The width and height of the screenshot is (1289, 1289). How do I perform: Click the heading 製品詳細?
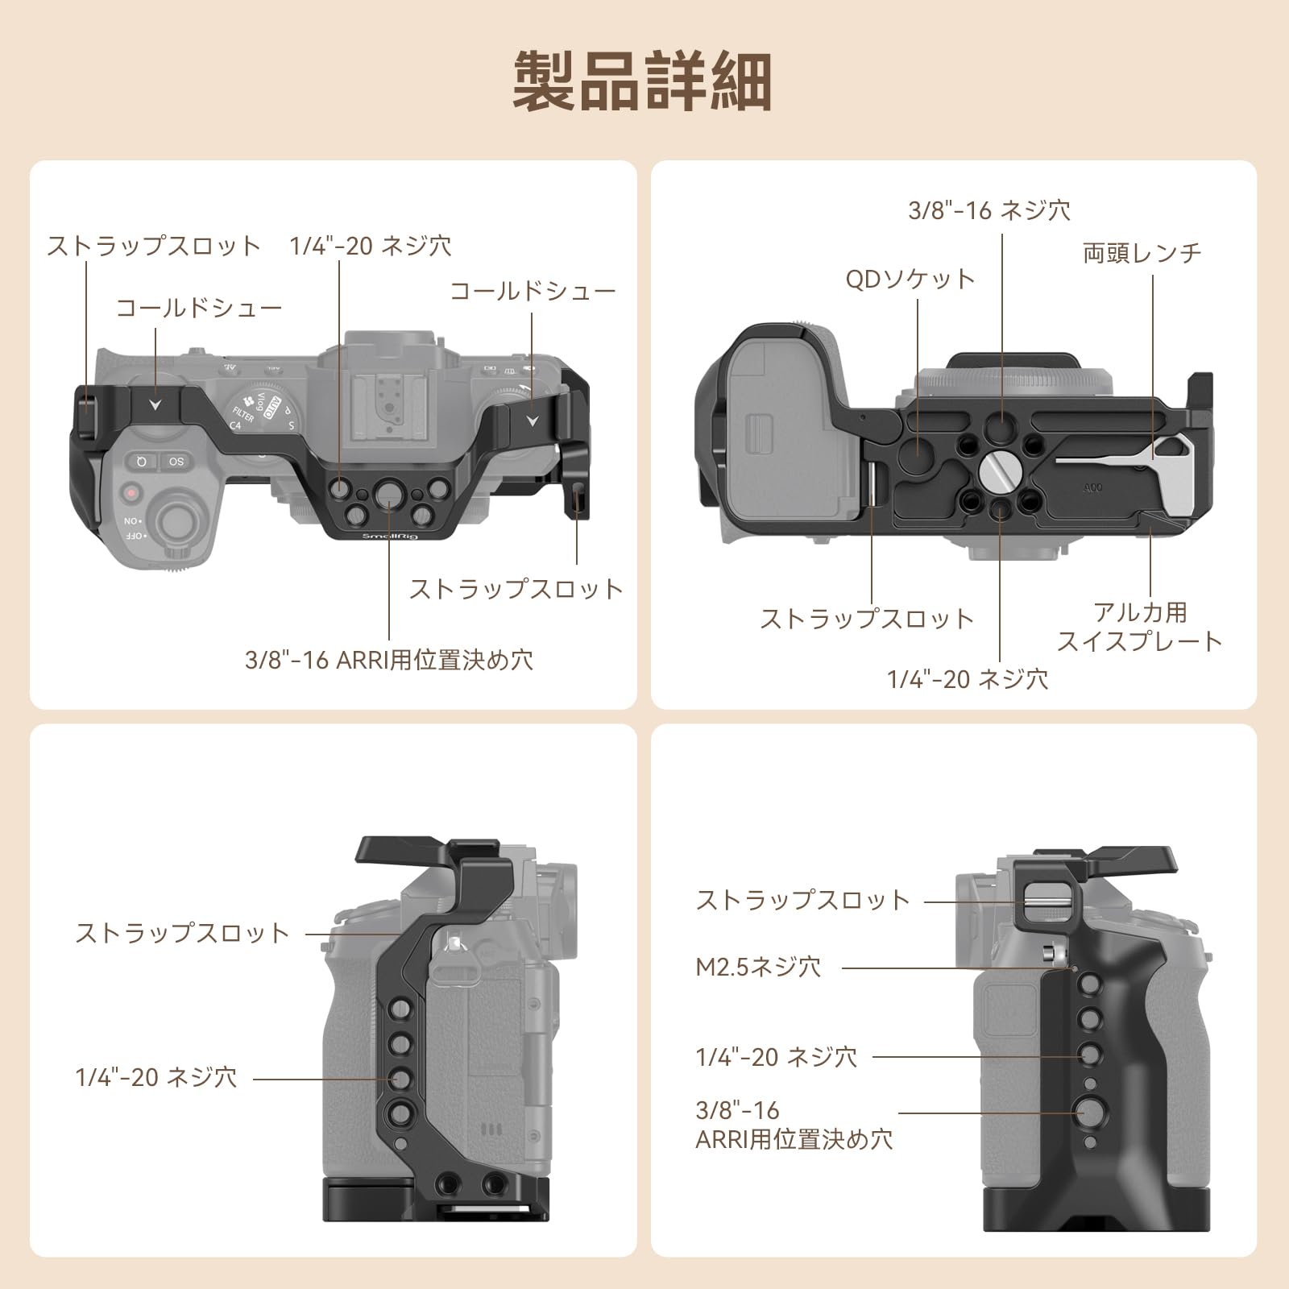643,81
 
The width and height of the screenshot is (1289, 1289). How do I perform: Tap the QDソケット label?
910,279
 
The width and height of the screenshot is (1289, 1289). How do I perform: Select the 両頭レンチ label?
1142,253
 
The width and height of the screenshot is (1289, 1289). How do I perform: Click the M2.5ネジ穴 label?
758,967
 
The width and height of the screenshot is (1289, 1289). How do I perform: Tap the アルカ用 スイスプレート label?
1139,627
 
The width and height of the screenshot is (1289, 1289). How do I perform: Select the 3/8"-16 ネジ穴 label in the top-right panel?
989,210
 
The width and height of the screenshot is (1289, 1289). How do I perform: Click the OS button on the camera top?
176,462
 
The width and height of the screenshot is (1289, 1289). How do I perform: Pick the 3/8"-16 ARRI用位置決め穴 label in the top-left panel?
389,660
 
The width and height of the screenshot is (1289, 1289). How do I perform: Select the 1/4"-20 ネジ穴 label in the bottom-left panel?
156,1077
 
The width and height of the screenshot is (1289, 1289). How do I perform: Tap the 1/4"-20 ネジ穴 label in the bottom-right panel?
777,1057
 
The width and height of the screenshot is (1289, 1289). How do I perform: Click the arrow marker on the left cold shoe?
155,405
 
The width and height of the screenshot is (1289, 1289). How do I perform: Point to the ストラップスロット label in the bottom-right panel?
802,900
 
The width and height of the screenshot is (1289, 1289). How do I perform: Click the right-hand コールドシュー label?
533,291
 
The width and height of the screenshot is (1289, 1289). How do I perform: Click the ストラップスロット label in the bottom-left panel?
182,933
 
